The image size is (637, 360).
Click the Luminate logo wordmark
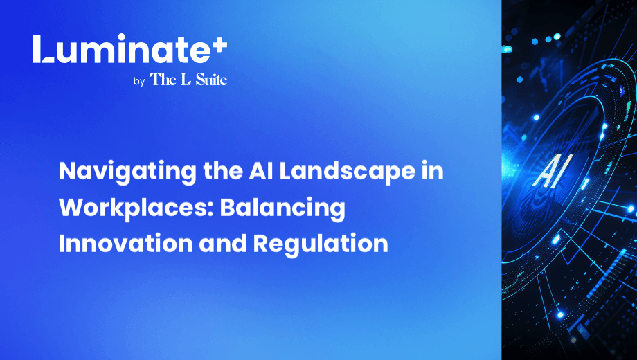130,49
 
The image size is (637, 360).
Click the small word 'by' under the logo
139,82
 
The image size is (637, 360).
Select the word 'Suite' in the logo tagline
211,79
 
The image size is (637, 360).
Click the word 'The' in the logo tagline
163,79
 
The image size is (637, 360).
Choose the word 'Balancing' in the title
282,208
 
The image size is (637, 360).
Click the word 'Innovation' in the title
125,244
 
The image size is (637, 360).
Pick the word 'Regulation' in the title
321,244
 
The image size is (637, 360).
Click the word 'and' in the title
223,244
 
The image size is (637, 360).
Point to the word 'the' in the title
223,171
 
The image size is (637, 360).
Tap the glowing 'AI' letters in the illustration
553,172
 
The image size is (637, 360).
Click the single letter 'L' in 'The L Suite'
186,80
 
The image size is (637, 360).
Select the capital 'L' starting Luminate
43,49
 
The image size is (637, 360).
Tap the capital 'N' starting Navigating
66,172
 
